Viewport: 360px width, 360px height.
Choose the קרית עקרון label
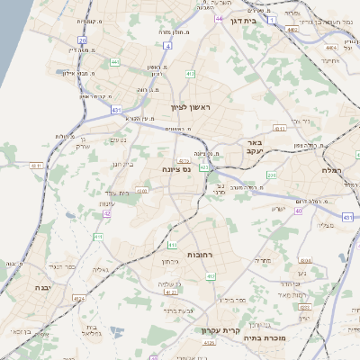tap(242, 330)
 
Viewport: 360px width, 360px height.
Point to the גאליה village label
tap(101, 269)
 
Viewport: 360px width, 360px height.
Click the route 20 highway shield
tap(82, 40)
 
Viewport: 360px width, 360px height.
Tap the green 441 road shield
tap(114, 62)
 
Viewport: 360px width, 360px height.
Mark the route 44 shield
tap(220, 17)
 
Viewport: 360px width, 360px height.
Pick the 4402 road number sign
tap(292, 29)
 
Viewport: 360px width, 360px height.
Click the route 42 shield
tap(106, 213)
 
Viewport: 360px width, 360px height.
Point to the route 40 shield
tap(297, 210)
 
